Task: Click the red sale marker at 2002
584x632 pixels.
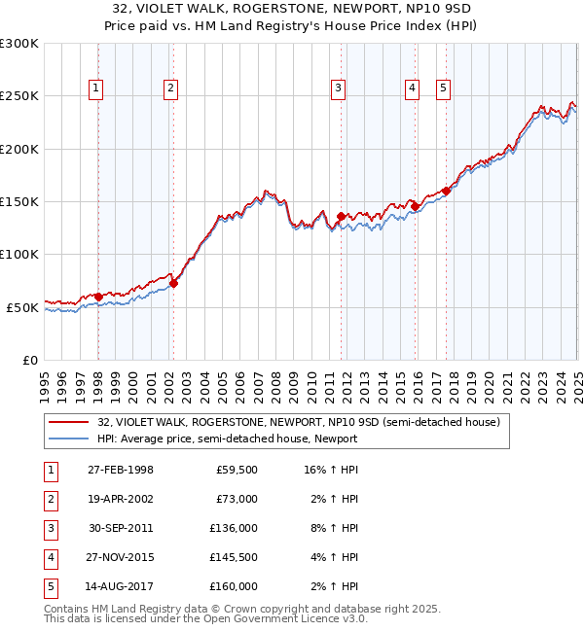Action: pyautogui.click(x=174, y=284)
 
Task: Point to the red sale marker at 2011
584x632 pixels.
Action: pyautogui.click(x=342, y=216)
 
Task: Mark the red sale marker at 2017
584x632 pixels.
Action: pyautogui.click(x=446, y=191)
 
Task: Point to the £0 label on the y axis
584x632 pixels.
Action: pyautogui.click(x=28, y=360)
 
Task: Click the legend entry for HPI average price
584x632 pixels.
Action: pyautogui.click(x=227, y=439)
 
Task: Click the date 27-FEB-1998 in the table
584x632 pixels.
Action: pyautogui.click(x=121, y=470)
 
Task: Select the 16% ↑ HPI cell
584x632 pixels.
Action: pyautogui.click(x=332, y=470)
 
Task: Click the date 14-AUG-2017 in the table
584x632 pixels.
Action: pyautogui.click(x=121, y=586)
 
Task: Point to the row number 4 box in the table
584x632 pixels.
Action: pyautogui.click(x=50, y=557)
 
